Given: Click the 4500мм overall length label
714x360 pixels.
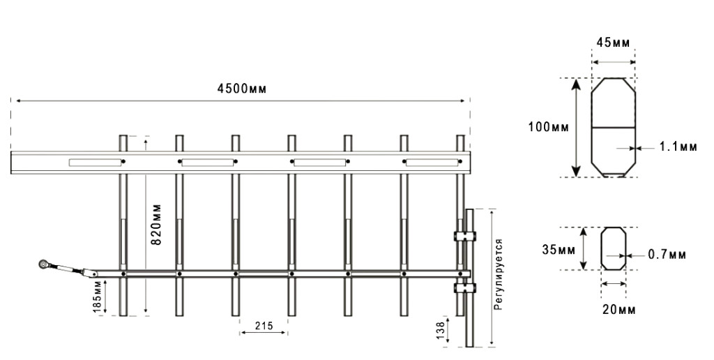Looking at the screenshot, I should [241, 89].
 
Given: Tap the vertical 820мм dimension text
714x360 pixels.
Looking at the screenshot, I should [157, 223].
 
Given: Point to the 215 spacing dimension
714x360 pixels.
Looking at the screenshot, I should [263, 324].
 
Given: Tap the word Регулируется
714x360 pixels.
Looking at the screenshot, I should [498, 273].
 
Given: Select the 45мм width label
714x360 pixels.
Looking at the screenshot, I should [613, 43].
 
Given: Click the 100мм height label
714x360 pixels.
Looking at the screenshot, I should [549, 128].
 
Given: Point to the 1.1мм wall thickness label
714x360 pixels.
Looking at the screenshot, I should [678, 147].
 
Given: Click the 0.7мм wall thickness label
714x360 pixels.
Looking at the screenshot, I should [667, 255].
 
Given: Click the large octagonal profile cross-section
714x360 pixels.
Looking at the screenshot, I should [613, 128].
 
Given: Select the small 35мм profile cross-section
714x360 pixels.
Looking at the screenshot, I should [614, 248].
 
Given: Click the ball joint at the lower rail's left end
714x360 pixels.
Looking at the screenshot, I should [45, 264].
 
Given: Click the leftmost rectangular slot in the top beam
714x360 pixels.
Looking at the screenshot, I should [94, 163].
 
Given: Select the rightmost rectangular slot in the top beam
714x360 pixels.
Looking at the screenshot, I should [432, 163].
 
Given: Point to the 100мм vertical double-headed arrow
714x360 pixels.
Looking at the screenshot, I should [576, 128].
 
